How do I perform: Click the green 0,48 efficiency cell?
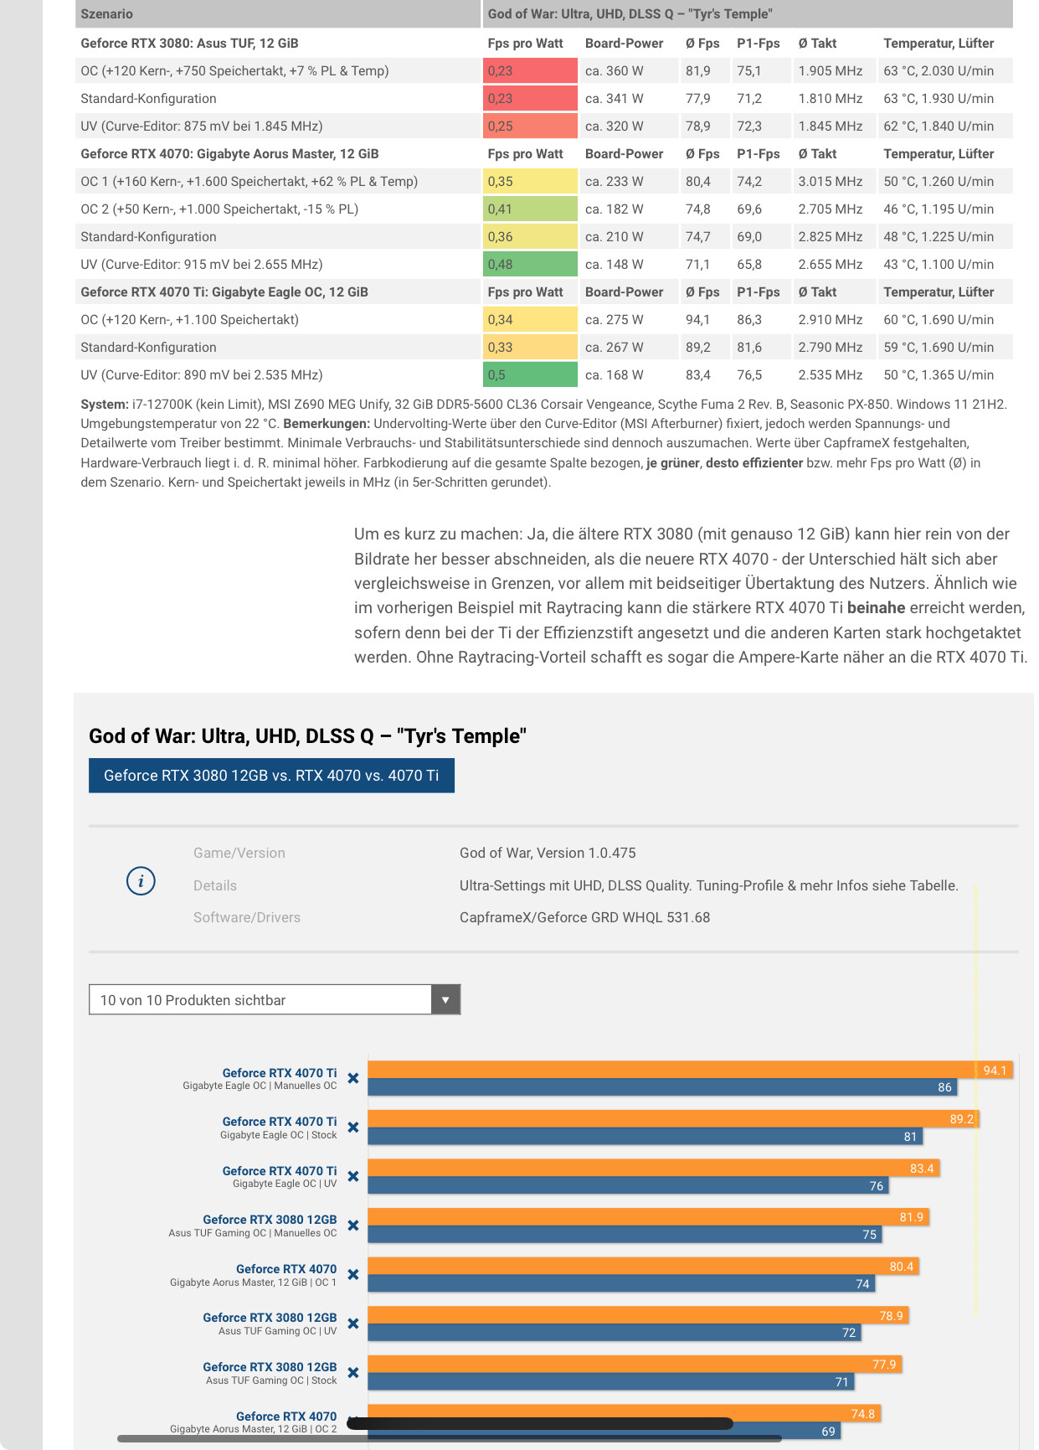(529, 265)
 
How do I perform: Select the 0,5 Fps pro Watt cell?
(529, 375)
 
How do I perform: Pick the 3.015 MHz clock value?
(830, 182)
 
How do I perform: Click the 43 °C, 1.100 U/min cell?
(938, 265)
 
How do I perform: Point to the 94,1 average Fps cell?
(697, 320)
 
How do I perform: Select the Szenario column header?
(107, 13)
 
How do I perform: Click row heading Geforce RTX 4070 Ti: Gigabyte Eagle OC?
(224, 292)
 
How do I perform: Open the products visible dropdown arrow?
(445, 1000)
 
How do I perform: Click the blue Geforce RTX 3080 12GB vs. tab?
(271, 776)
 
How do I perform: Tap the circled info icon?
(141, 881)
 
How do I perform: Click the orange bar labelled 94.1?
(670, 1070)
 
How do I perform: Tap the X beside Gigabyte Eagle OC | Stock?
(353, 1127)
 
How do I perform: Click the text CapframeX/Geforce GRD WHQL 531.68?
(584, 917)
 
